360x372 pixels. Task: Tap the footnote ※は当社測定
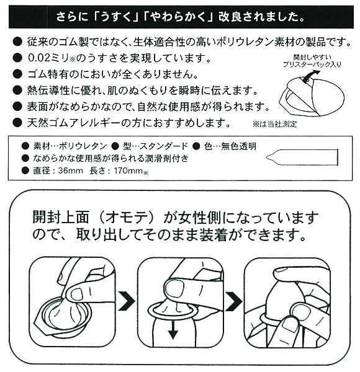(x=273, y=123)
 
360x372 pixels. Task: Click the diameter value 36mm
(x=67, y=170)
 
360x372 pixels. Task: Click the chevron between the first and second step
(x=127, y=301)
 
